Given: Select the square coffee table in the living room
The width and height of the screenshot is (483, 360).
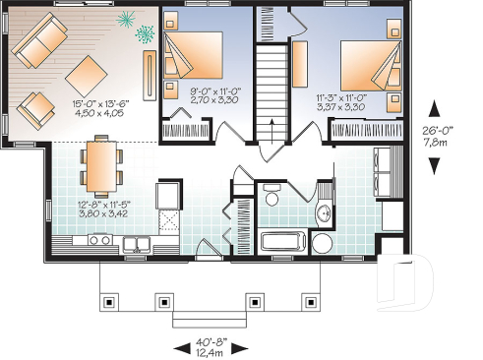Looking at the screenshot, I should (88, 71).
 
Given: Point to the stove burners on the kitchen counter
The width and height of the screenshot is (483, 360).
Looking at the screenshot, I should (100, 239).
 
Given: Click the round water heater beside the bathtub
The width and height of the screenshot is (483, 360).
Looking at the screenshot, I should (323, 243).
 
